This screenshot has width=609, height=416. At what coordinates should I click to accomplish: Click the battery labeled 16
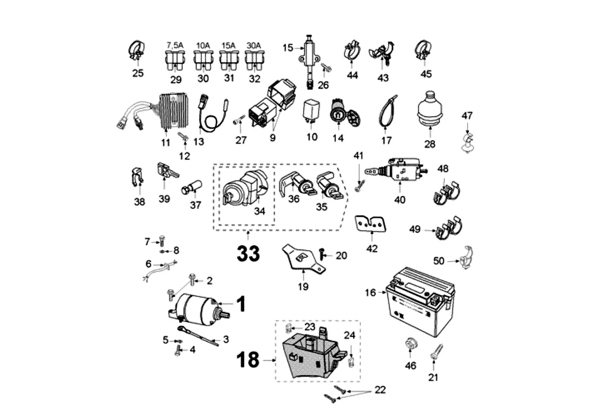click(x=420, y=302)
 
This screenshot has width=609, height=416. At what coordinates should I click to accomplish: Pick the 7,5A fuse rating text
click(x=175, y=45)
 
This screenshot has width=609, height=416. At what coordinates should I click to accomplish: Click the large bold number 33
click(x=248, y=254)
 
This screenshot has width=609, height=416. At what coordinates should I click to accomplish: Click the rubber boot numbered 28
click(x=430, y=110)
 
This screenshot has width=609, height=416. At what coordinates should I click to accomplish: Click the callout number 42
click(x=372, y=248)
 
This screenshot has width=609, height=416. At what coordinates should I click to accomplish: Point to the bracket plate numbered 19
click(x=303, y=258)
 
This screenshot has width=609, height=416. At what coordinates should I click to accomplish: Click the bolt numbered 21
click(x=436, y=353)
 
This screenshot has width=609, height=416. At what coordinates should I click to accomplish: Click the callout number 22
click(x=380, y=389)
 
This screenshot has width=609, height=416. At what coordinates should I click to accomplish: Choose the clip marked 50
click(x=467, y=257)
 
